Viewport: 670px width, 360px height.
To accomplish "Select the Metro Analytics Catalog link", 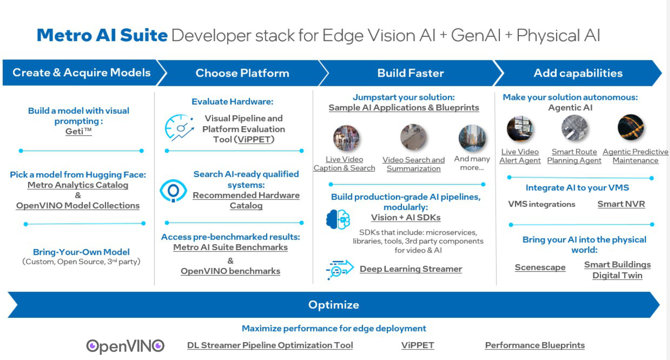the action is [x=78, y=185].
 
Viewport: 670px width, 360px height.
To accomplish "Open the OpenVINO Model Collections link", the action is [x=78, y=206].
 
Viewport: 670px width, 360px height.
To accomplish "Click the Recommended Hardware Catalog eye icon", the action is [x=173, y=191].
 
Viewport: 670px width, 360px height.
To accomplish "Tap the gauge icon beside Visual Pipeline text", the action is [x=179, y=127].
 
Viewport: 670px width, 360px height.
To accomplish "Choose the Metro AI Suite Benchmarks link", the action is [x=230, y=247].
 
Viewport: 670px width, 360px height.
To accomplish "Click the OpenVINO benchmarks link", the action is [x=230, y=271].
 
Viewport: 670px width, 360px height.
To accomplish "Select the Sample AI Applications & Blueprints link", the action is [x=404, y=108].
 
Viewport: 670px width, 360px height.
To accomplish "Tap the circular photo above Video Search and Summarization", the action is [x=414, y=137].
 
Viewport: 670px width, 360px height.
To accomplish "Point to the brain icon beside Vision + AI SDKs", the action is [x=338, y=219].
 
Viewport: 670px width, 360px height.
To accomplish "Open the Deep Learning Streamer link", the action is [x=411, y=269].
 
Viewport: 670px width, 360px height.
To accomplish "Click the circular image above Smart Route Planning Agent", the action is [x=574, y=128].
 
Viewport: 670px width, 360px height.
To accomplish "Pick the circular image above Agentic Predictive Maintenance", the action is [x=631, y=127].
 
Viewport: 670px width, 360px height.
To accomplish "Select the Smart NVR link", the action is [x=621, y=204].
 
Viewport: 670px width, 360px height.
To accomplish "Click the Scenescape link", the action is [x=540, y=267].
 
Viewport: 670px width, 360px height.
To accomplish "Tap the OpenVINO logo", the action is [x=125, y=346].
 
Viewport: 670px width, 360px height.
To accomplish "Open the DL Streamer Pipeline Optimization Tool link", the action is [x=270, y=345].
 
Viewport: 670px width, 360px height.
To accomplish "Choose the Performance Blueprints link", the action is [x=535, y=345].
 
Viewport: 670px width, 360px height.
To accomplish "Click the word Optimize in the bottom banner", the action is [x=334, y=305].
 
